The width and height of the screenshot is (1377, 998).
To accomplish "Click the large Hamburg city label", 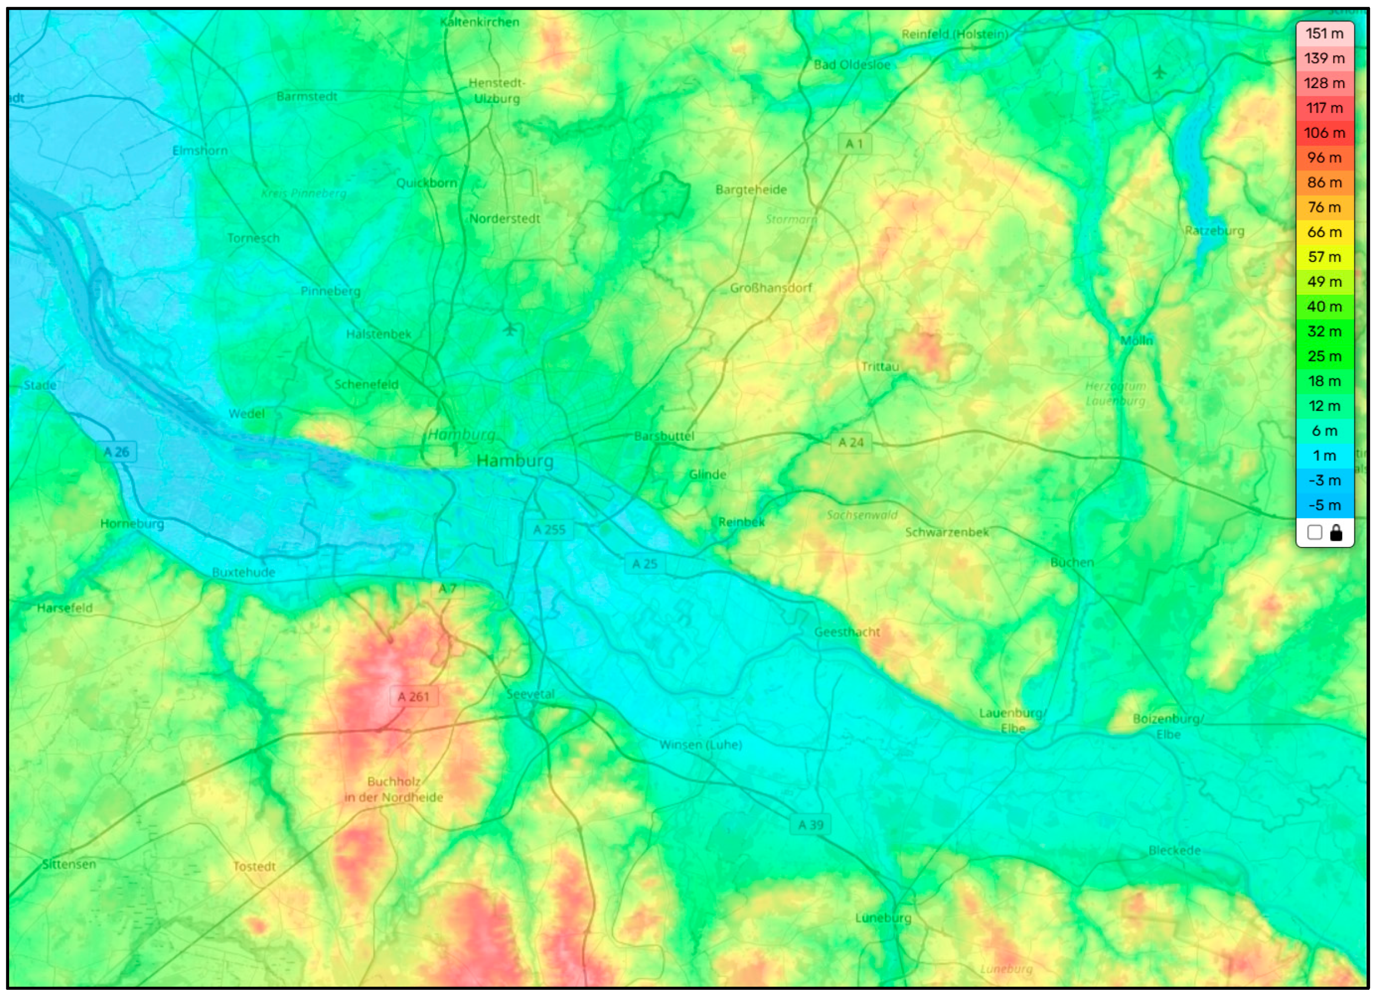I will [x=515, y=461].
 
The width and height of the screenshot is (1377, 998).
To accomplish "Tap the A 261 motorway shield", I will [x=413, y=697].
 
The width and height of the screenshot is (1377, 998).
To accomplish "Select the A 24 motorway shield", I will [x=851, y=442].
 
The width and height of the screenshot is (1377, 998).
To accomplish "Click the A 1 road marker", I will [x=854, y=144].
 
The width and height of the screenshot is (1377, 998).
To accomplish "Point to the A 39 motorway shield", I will [x=811, y=825].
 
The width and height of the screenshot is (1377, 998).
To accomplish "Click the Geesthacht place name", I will [x=847, y=632].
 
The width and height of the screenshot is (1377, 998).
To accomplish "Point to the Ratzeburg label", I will [x=1214, y=231].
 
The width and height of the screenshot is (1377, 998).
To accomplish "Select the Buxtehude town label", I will [x=244, y=572].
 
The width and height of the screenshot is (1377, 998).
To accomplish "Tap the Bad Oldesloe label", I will [x=852, y=65].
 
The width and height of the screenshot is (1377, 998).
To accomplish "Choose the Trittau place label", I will [x=880, y=367].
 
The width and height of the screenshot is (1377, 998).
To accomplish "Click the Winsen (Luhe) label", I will [x=701, y=745].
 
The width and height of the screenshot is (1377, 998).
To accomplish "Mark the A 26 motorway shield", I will [x=116, y=452].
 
